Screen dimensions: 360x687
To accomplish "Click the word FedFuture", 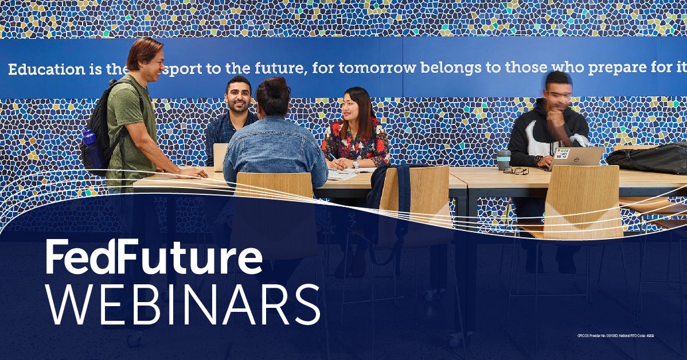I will coord(154,258).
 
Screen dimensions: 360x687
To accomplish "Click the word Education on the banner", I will coord(46,70).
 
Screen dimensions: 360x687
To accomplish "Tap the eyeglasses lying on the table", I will coord(516,171).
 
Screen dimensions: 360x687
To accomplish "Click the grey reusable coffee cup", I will coord(503,159).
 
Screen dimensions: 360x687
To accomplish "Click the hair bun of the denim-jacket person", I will coord(274,87).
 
